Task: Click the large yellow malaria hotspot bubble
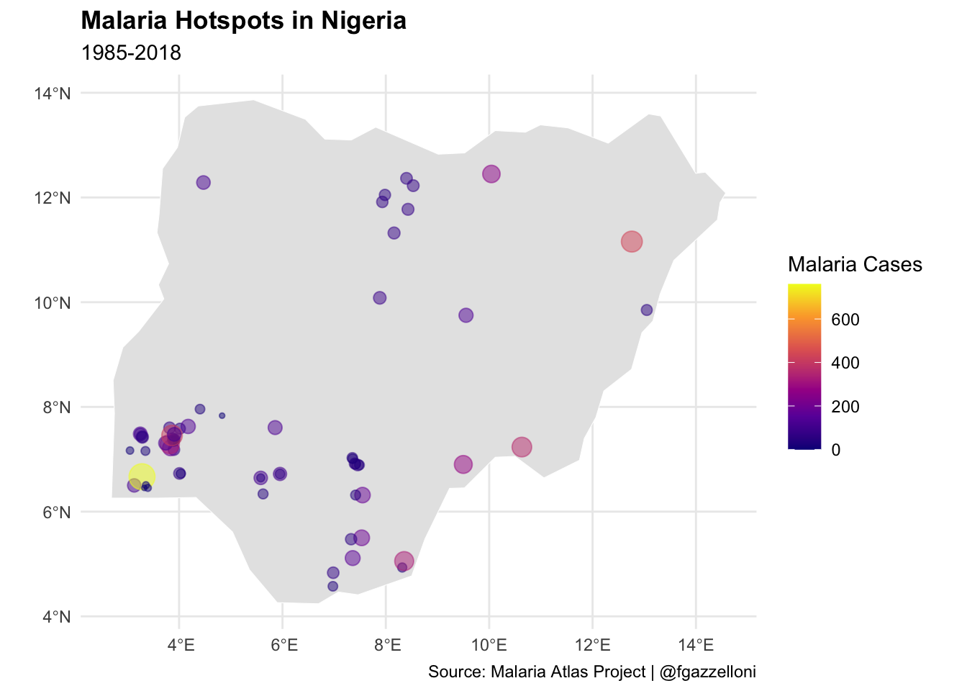(142, 476)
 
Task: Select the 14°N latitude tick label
(53, 94)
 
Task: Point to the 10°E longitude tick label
(489, 643)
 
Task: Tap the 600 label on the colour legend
(845, 320)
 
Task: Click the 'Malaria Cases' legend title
(855, 264)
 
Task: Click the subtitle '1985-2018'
(131, 53)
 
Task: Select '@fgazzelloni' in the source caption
(707, 672)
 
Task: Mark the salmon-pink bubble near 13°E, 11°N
(631, 242)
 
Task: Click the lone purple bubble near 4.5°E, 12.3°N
(203, 183)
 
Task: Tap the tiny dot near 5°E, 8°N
(222, 415)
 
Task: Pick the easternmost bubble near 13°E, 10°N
(646, 310)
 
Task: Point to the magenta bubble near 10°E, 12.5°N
(491, 174)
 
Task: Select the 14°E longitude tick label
(696, 643)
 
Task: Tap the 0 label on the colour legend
(835, 450)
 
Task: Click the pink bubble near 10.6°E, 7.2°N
(522, 447)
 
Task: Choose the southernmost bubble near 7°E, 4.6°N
(332, 586)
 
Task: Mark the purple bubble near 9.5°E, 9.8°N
(466, 315)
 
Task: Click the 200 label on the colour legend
(845, 407)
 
